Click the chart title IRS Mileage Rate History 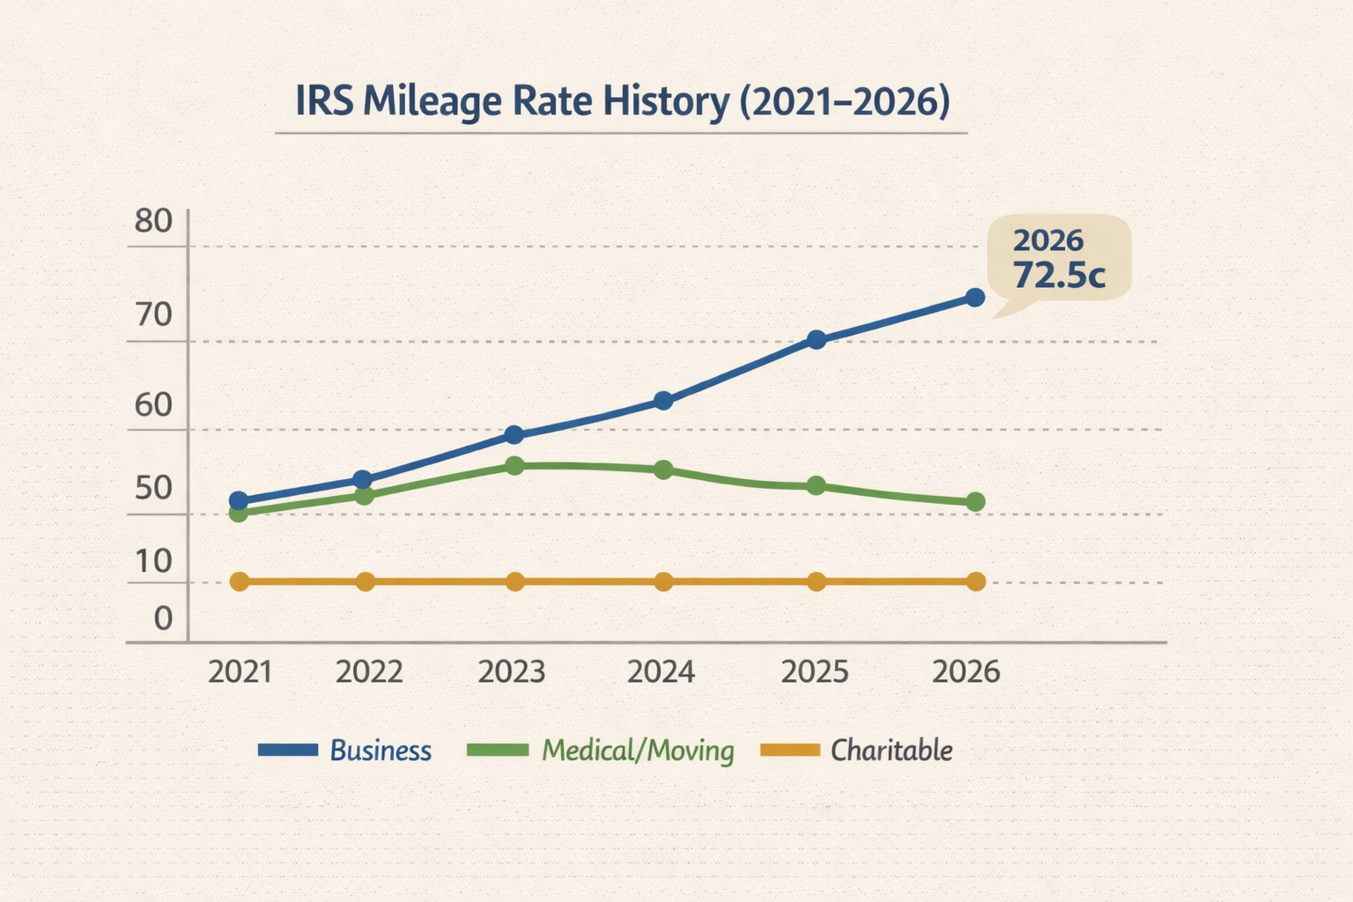621,101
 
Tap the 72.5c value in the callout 1058,275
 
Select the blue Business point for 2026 975,298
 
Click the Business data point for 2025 817,340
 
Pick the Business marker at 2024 663,401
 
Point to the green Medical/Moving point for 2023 515,466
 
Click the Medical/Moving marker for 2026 975,502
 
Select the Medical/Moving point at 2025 817,485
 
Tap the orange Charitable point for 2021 239,581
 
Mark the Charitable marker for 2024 663,581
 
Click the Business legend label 381,750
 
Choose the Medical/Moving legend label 638,750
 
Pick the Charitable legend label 891,750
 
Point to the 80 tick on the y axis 153,221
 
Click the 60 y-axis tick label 153,405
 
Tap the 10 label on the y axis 153,561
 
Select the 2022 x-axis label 370,672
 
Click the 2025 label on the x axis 815,672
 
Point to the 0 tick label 164,618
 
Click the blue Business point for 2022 362,479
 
